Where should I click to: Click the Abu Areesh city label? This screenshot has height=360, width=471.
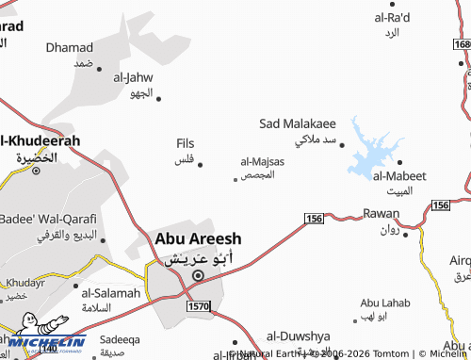(198, 239)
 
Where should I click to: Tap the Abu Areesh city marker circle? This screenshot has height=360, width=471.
(198, 276)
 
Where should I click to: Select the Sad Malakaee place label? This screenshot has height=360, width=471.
(298, 123)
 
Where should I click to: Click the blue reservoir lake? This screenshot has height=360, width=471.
(372, 151)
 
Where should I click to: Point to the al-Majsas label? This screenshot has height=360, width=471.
(262, 162)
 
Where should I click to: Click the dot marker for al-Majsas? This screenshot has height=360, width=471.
(235, 179)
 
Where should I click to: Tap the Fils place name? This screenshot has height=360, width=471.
(185, 143)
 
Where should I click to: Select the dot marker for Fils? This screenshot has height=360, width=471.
(200, 160)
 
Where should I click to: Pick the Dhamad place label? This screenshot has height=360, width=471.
(70, 47)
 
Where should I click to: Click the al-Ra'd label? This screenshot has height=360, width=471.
(392, 18)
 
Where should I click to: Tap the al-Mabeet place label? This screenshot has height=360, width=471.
(399, 176)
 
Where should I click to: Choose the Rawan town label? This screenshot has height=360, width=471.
(381, 215)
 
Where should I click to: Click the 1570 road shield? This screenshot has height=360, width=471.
(198, 306)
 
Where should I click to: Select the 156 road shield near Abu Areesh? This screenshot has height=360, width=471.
(314, 219)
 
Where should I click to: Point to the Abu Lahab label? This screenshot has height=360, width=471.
(385, 303)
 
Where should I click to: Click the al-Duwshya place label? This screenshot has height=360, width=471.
(298, 335)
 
